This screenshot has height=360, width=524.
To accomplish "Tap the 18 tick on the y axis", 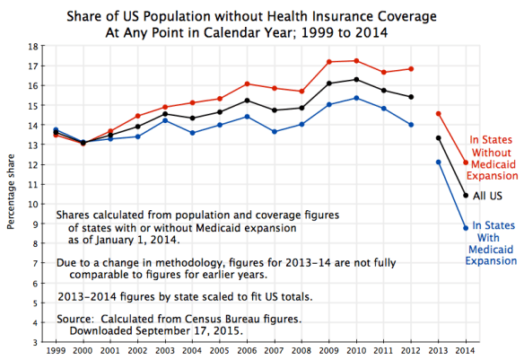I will point(32,46).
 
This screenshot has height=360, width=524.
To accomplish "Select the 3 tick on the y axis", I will point(34,341).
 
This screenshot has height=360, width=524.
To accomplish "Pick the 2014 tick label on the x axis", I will point(465,351).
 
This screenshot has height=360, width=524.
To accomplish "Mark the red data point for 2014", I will point(465,162).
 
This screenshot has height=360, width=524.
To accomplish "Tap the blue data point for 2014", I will point(465,228).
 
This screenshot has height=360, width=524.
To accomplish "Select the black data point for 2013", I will point(437,138).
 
